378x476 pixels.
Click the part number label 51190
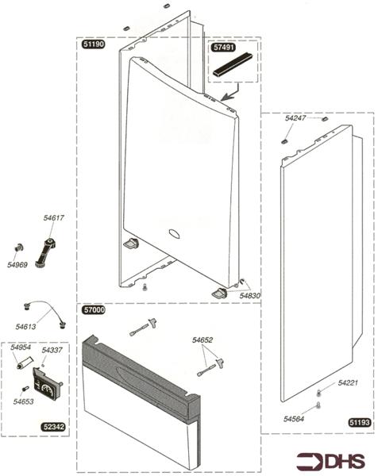[94, 46]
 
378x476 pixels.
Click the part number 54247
[295, 118]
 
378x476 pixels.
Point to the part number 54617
[54, 217]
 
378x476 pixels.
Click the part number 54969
[17, 264]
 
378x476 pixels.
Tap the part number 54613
[25, 326]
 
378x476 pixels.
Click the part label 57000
[94, 310]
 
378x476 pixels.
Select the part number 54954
[21, 347]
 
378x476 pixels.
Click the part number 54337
[52, 350]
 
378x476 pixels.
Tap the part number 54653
[23, 402]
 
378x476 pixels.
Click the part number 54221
[348, 383]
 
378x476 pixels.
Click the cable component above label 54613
[44, 309]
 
